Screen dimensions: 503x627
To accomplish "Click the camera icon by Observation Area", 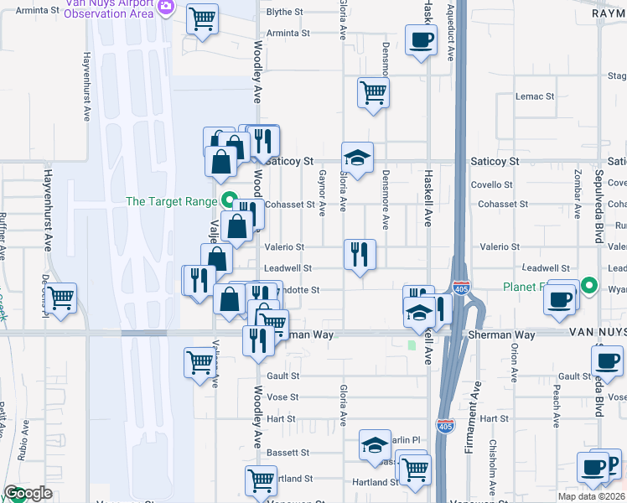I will pyautogui.click(x=165, y=7).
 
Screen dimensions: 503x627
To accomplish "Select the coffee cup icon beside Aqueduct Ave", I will pyautogui.click(x=421, y=39).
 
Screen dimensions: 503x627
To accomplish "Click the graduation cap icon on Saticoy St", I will pyautogui.click(x=357, y=158).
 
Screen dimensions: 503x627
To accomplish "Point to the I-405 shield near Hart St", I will pyautogui.click(x=445, y=426).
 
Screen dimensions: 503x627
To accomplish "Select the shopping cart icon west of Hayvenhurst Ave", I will pyautogui.click(x=61, y=298).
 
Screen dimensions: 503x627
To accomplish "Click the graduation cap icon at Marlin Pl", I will pyautogui.click(x=375, y=445).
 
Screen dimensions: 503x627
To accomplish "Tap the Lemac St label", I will pyautogui.click(x=535, y=96).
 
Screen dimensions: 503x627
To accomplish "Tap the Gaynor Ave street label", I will pyautogui.click(x=323, y=190).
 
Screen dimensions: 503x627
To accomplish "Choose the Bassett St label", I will pyautogui.click(x=288, y=453).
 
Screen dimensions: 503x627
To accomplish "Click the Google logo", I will pyautogui.click(x=28, y=493).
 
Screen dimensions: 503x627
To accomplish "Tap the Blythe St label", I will pyautogui.click(x=284, y=13).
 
